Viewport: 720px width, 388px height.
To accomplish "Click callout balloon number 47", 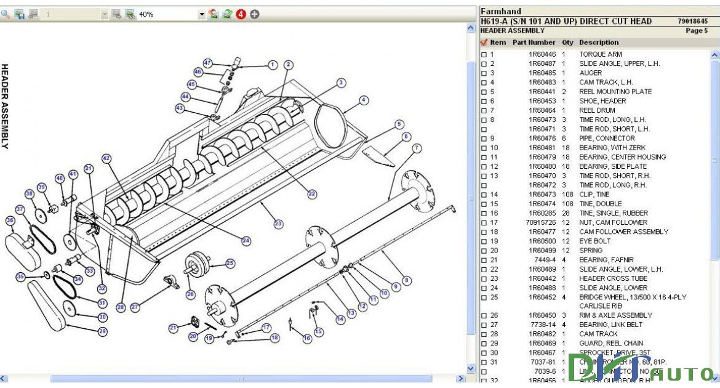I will click(x=208, y=63).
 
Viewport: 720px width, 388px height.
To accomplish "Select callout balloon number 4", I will click(x=364, y=100).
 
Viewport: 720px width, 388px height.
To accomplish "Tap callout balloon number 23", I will click(x=278, y=224).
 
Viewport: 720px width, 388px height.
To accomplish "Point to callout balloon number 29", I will click(x=103, y=331).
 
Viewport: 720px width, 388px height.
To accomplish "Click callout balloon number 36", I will click(x=10, y=220).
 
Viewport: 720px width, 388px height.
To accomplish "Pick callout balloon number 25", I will click(x=230, y=263).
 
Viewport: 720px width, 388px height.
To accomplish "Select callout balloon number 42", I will click(x=106, y=158).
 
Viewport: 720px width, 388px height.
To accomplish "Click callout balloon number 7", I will click(x=417, y=148).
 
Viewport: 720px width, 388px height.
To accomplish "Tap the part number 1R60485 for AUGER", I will click(x=542, y=73).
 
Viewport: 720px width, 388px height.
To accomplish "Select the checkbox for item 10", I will click(x=484, y=148).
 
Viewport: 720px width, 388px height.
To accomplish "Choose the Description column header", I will click(x=598, y=42).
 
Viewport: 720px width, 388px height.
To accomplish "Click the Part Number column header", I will click(x=534, y=42).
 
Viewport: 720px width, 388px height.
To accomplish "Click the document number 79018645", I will click(x=692, y=21).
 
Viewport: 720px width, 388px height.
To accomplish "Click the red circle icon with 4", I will click(x=241, y=14).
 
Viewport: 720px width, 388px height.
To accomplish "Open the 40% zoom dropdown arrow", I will click(x=201, y=14).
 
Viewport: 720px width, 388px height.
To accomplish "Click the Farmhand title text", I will click(x=500, y=11).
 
